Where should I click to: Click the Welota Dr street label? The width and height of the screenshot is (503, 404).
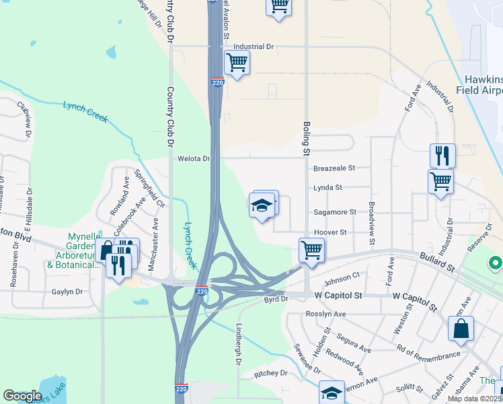pyautogui.click(x=194, y=159)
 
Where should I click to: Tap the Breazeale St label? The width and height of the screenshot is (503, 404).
pyautogui.click(x=334, y=168)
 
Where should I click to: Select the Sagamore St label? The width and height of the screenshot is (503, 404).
pyautogui.click(x=335, y=212)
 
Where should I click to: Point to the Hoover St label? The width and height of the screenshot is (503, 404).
pyautogui.click(x=330, y=232)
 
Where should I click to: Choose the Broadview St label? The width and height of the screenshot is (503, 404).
pyautogui.click(x=372, y=222)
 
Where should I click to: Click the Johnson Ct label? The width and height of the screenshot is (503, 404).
pyautogui.click(x=342, y=279)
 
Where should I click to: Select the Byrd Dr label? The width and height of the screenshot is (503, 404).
pyautogui.click(x=276, y=298)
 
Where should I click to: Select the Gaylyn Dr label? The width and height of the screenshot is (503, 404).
pyautogui.click(x=67, y=292)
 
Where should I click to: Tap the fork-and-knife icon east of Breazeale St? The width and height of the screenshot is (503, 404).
pyautogui.click(x=442, y=156)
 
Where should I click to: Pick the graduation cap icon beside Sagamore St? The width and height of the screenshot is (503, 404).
pyautogui.click(x=262, y=205)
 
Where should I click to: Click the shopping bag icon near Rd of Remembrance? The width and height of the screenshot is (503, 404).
pyautogui.click(x=461, y=329)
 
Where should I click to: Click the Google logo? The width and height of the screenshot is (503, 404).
pyautogui.click(x=22, y=396)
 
